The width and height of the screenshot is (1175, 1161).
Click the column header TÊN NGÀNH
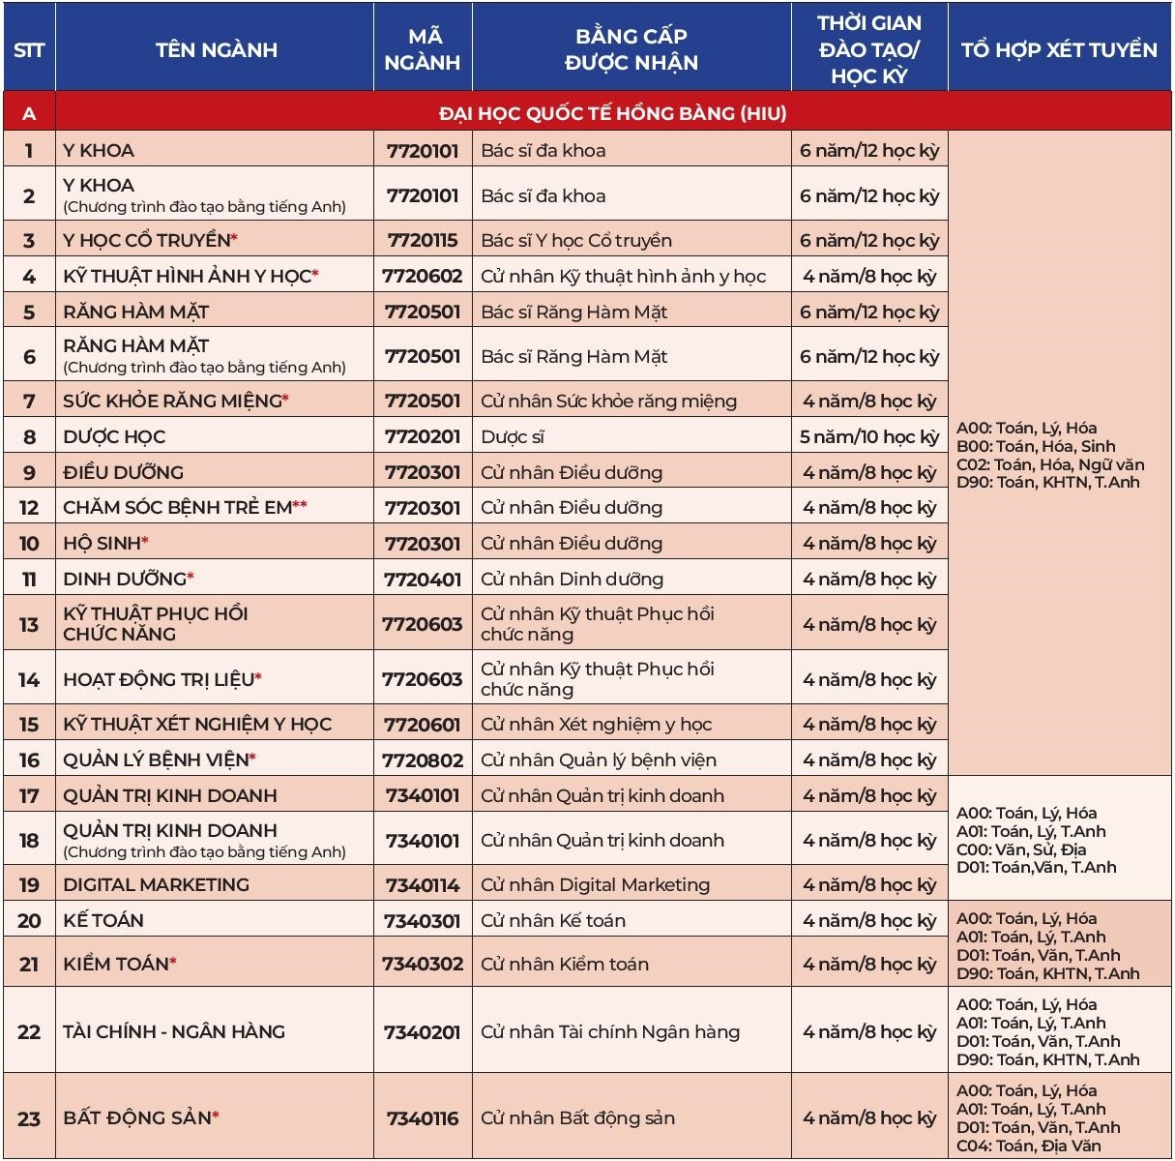216,49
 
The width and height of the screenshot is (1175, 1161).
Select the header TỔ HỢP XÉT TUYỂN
1059,49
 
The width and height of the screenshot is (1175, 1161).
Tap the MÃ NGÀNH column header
423,49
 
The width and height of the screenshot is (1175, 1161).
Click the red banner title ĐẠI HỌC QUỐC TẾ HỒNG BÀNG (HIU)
612,113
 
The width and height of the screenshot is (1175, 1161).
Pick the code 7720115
423,240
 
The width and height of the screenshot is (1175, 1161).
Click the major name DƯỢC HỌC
114,436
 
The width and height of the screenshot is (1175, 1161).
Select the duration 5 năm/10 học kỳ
868,436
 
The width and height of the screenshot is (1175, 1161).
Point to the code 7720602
423,276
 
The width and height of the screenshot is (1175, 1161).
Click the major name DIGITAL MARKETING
156,884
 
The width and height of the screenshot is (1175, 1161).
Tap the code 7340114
423,884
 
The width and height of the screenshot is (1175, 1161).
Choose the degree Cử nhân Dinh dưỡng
572,579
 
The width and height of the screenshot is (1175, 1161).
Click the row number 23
29,1117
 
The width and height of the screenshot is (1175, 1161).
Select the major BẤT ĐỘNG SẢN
137,1117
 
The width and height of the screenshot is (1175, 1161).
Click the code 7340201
423,1031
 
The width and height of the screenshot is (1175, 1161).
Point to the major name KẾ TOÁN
103,920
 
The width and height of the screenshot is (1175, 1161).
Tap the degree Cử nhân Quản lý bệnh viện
599,759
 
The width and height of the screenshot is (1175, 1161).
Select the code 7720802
423,759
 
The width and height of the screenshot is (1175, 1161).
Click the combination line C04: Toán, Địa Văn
1029,1146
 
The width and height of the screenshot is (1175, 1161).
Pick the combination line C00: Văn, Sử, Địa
1021,849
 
